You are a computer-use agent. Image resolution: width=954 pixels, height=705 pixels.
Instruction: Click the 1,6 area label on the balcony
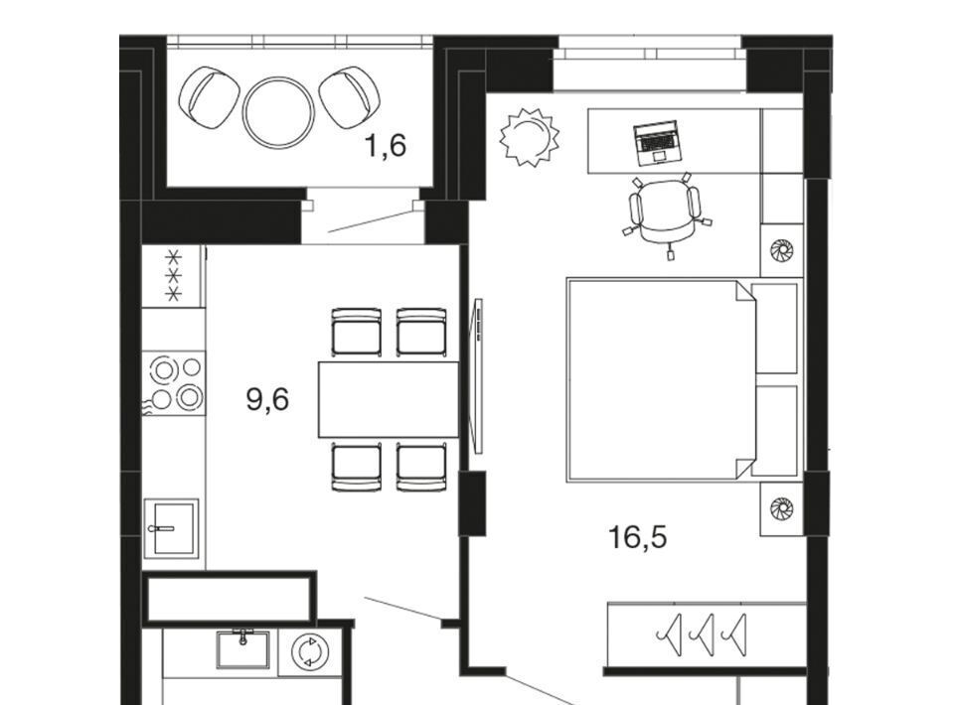coord(386,146)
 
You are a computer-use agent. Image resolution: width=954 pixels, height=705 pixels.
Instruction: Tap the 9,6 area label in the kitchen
coord(267,399)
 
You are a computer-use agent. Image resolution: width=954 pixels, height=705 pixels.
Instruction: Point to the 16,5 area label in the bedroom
coord(638,536)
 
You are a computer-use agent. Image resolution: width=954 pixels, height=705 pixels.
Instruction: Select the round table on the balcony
coord(278,112)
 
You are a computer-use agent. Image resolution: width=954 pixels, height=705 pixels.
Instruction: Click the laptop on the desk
coord(657,143)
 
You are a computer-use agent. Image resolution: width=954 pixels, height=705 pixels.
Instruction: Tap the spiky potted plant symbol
coord(529,137)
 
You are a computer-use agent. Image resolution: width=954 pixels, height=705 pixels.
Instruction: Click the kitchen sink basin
coord(172,528)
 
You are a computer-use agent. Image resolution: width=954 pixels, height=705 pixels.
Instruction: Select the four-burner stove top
coord(174,383)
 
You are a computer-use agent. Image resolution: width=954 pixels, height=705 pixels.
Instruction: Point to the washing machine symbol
coord(310,652)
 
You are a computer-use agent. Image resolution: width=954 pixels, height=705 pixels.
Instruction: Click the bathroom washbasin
coord(242,648)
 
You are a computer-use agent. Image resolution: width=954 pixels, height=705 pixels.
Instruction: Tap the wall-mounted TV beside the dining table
coord(478,375)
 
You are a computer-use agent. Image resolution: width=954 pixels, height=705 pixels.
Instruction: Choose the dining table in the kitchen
coord(389,399)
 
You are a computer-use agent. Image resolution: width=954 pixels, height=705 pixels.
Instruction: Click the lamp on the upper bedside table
coord(781,250)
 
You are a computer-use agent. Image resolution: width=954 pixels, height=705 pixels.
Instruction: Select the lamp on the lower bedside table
coord(781,508)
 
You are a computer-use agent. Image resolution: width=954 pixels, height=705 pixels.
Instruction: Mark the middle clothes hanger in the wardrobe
coord(703,635)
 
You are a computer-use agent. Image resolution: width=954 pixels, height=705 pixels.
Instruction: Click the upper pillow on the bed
coord(774,329)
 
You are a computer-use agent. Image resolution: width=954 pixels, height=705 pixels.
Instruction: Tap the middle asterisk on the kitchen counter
coord(174,276)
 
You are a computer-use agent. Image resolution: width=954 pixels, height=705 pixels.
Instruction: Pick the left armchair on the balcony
coord(209,97)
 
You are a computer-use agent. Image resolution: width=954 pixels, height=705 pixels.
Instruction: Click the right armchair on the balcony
coord(350,97)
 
